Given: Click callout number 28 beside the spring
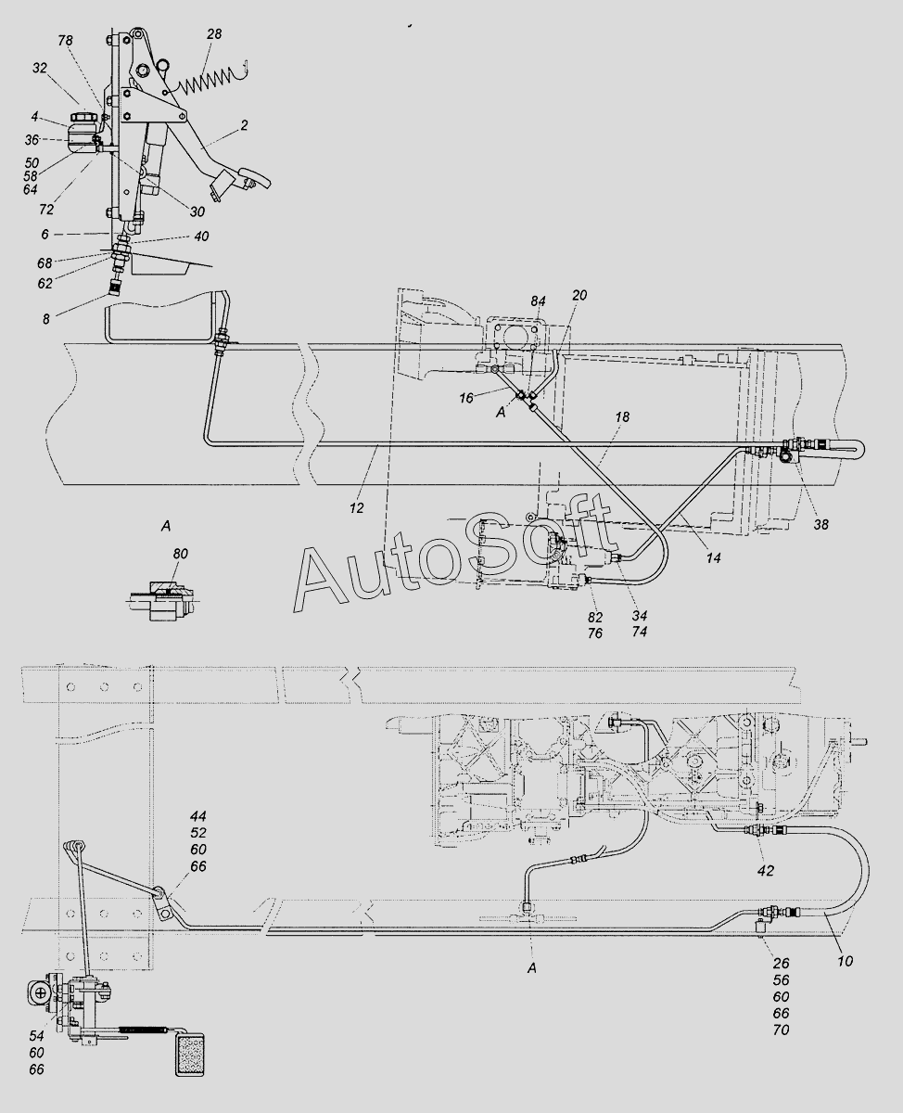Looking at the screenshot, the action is pyautogui.click(x=214, y=34).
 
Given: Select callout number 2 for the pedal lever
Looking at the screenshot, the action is pyautogui.click(x=244, y=125).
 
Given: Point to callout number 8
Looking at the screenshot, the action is pyautogui.click(x=46, y=319).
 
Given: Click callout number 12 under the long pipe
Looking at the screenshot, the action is pyautogui.click(x=357, y=508).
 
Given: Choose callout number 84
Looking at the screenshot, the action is pyautogui.click(x=538, y=301).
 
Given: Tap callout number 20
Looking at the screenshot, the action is pyautogui.click(x=579, y=295).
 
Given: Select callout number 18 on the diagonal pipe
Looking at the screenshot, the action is pyautogui.click(x=622, y=417).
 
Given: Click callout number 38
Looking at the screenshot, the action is pyautogui.click(x=821, y=525).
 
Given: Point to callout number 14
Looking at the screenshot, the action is pyautogui.click(x=714, y=558).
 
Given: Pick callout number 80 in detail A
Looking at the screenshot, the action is pyautogui.click(x=180, y=554).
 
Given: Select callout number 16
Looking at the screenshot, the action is pyautogui.click(x=465, y=398).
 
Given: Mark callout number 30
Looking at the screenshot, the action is pyautogui.click(x=197, y=211).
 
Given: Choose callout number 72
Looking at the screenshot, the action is pyautogui.click(x=46, y=210).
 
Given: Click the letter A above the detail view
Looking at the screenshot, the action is pyautogui.click(x=166, y=526).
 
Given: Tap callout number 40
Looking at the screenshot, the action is pyautogui.click(x=201, y=237).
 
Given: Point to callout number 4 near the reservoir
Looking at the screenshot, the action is pyautogui.click(x=34, y=116).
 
